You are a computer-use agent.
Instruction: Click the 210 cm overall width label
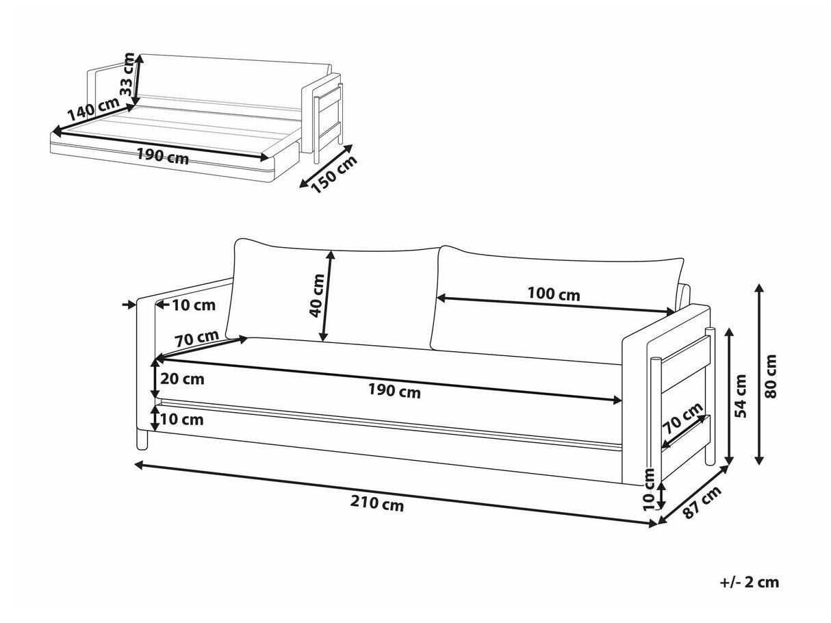coord(377,505)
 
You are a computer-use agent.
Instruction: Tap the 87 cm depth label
coord(702,503)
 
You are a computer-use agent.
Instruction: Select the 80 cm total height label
coord(771,376)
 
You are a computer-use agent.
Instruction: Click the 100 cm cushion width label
coord(553,294)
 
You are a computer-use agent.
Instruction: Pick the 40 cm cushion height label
coord(316,296)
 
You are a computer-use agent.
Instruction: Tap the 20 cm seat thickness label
coord(181,378)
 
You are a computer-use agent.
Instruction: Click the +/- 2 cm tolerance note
coord(749,583)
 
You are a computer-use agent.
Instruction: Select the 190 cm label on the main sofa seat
coord(394,392)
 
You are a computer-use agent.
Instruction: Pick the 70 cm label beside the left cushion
coord(196,338)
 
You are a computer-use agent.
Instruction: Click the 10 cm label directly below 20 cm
coord(181,419)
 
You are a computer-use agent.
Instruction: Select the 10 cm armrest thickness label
coord(193,305)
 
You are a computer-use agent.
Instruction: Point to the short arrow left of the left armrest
coord(129,305)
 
